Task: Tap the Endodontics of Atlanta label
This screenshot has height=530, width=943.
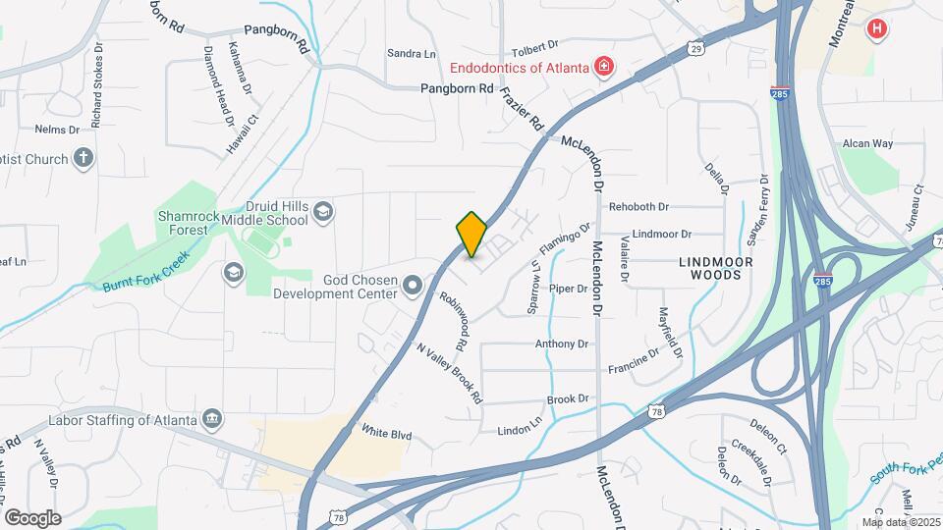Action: coord(519,68)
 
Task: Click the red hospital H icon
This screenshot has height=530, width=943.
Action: coord(875,29)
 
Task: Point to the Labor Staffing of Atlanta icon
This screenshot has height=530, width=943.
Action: coord(211,420)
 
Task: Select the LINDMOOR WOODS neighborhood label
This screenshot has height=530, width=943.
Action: coord(716,268)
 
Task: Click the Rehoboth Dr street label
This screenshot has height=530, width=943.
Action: coord(638,207)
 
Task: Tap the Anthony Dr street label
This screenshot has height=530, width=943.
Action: coord(561,344)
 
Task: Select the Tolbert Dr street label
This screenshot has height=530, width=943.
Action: coord(534,44)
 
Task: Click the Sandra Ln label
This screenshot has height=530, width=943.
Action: coord(411,53)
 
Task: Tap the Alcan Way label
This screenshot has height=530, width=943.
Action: coord(867,143)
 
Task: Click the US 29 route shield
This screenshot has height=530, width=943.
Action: coord(695,48)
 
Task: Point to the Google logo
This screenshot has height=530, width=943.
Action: coord(32,517)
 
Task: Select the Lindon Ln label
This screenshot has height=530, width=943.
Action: coord(520,430)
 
